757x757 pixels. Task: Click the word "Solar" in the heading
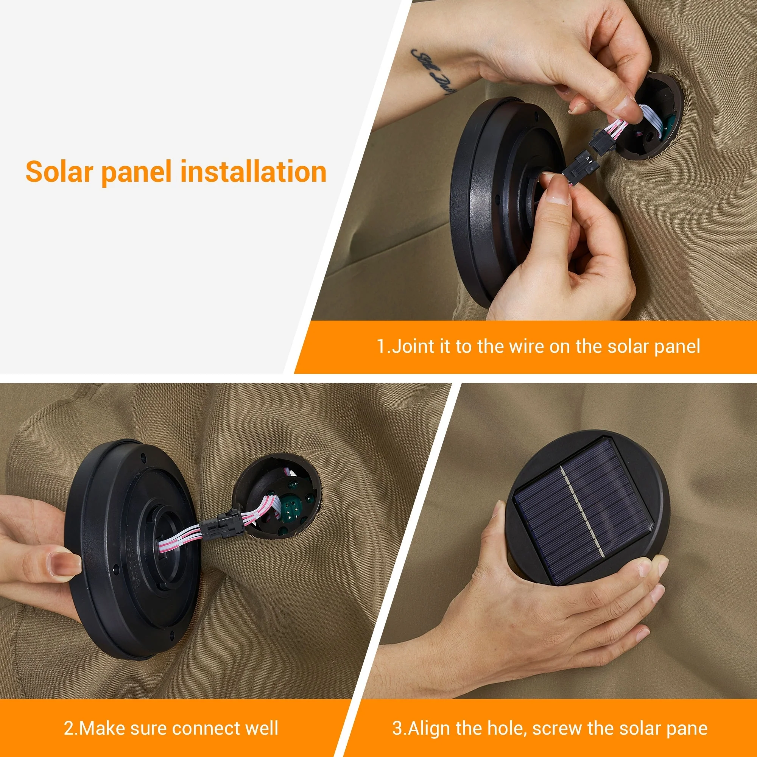click(x=59, y=171)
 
